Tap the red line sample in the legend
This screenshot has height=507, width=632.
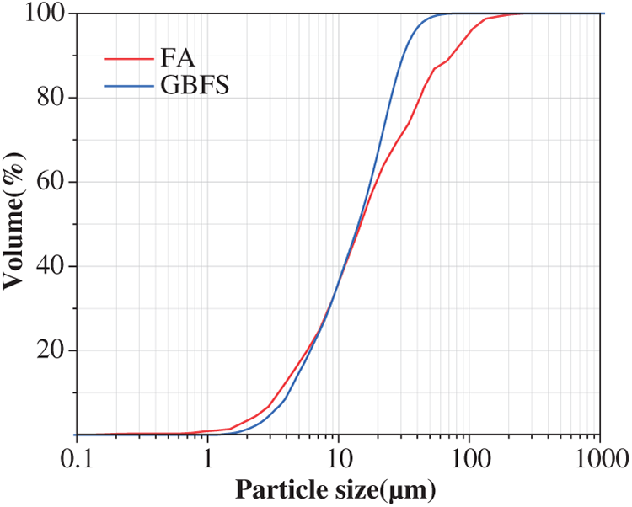click(126, 59)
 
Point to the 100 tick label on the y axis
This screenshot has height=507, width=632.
click(44, 14)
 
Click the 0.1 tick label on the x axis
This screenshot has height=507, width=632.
click(77, 459)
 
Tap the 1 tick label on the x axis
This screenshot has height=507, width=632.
click(208, 459)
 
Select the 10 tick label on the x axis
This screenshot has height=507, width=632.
click(338, 459)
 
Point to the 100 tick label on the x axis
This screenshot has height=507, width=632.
click(469, 459)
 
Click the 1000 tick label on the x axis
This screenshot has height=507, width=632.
click(599, 459)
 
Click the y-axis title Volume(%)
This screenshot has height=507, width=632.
click(14, 224)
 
